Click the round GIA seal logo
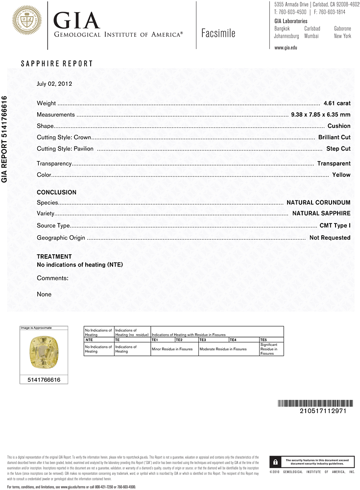click(24, 21)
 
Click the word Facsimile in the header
click(218, 33)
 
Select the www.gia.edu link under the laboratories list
click(286, 48)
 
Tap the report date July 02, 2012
click(54, 83)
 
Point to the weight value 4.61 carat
click(337, 103)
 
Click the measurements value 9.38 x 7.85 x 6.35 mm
click(321, 115)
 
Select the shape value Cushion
click(339, 126)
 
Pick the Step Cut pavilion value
click(338, 148)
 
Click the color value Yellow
click(341, 174)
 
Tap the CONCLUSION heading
click(57, 193)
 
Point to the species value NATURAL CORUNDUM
click(318, 202)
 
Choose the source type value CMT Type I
click(335, 226)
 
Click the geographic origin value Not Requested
click(330, 238)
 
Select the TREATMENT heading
click(54, 256)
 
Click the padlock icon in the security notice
click(276, 462)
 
